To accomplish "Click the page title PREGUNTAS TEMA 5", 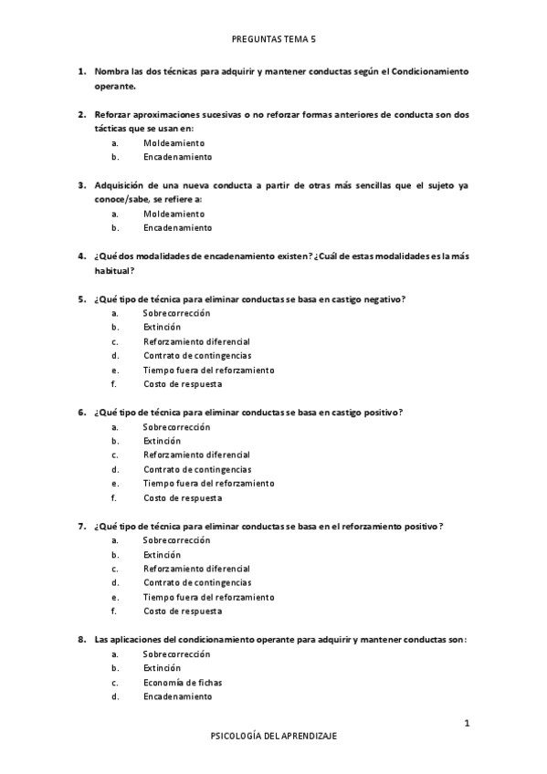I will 273,40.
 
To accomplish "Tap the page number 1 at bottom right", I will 467,724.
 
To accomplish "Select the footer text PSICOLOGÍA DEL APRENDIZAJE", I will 273,736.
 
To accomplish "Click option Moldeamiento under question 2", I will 174,143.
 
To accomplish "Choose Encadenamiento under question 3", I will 177,227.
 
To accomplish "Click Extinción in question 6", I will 162,441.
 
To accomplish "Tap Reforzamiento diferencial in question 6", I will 196,455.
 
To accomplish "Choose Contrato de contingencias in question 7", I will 197,582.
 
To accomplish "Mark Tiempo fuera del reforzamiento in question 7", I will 208,597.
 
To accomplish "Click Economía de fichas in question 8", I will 183,682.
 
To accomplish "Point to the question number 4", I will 81,256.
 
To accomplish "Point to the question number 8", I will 81,639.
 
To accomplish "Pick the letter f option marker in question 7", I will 114,612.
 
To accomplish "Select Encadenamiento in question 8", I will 177,696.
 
